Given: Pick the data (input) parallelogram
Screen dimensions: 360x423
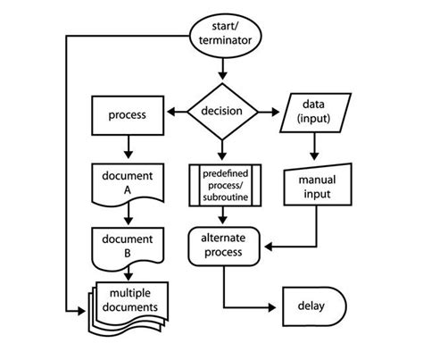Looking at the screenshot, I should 316,114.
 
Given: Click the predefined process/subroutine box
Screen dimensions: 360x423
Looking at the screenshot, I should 222,184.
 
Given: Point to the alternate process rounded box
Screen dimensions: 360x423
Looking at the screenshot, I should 222,245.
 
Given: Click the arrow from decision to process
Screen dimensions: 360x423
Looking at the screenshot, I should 178,114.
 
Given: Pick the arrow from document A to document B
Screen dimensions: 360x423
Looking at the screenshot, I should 127,213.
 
